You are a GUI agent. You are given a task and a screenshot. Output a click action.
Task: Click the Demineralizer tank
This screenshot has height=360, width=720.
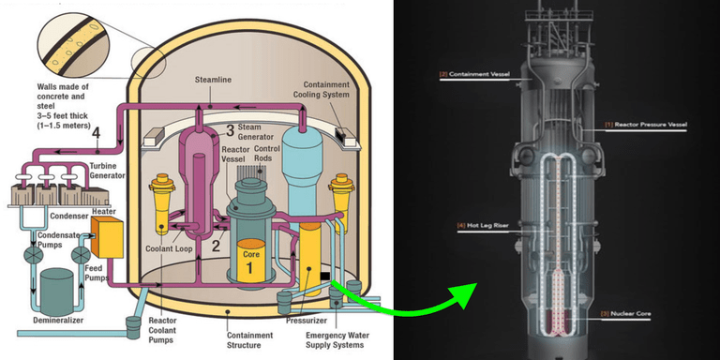tap(55, 292)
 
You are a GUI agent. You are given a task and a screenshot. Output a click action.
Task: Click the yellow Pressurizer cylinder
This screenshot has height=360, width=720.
tap(309, 258)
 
